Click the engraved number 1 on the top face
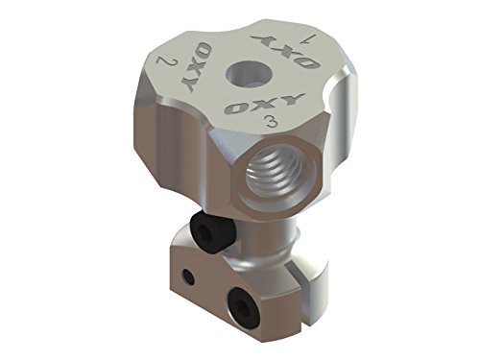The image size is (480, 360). pos(304,39)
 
